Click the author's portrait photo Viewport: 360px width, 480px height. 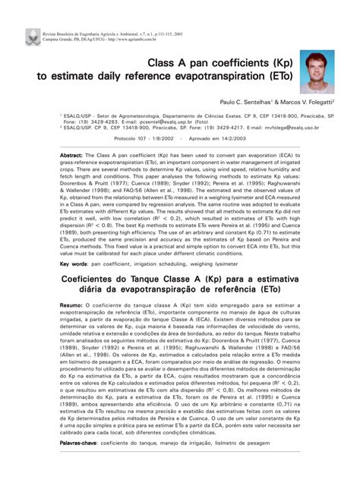coord(317,71)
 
